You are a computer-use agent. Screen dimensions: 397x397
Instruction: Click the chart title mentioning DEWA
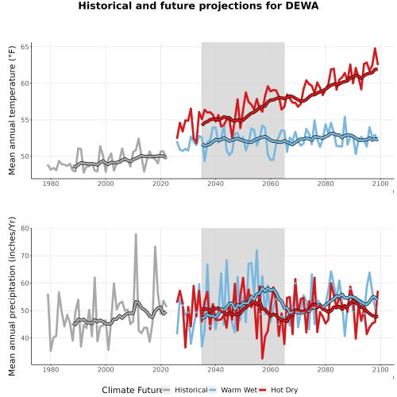tap(198, 6)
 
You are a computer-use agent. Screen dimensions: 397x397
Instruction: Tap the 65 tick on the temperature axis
tap(25, 47)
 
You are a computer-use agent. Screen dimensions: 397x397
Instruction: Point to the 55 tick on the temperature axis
tap(25, 120)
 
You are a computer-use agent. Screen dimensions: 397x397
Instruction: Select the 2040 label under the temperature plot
tap(215, 183)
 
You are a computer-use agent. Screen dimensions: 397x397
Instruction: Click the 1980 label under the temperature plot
tap(51, 183)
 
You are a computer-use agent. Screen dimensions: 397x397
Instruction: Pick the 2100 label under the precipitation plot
tap(380, 369)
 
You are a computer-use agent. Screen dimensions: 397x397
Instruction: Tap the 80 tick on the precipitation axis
tap(25, 229)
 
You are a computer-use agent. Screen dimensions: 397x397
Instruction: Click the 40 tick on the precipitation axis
tap(25, 338)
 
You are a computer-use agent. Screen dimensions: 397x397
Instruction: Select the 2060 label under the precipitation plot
tap(271, 369)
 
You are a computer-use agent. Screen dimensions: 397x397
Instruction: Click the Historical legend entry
tap(185, 390)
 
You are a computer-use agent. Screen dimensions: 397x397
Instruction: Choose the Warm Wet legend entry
tap(233, 390)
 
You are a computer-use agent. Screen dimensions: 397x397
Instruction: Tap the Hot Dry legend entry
tap(279, 390)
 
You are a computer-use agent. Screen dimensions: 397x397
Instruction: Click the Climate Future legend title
tap(132, 390)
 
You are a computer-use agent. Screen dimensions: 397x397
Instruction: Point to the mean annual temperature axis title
tap(12, 110)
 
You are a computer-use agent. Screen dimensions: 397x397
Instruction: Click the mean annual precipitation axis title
tap(12, 296)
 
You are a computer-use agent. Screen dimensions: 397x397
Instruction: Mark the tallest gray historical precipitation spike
tap(136, 234)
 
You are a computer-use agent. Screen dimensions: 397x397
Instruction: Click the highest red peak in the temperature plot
tap(375, 48)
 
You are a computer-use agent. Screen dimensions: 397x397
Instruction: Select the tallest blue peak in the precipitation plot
tap(256, 250)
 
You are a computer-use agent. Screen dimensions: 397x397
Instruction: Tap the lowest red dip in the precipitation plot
tap(262, 358)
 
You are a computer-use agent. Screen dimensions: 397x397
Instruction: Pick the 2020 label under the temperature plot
tap(160, 183)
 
